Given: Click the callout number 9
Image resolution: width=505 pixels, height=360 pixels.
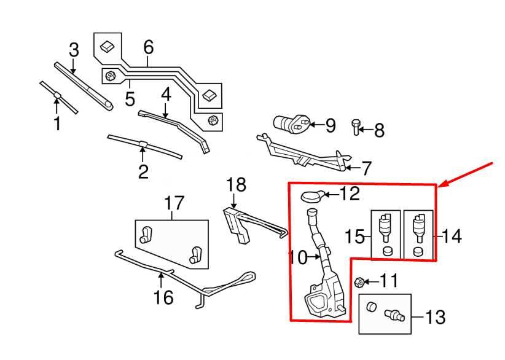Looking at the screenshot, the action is click(x=330, y=125).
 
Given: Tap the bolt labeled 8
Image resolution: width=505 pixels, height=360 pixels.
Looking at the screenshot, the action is click(x=356, y=128).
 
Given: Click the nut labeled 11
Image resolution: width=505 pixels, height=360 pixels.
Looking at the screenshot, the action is click(x=359, y=283).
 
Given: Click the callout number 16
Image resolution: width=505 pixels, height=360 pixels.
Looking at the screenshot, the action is click(x=163, y=297).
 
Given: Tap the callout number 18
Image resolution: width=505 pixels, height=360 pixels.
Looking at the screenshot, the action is click(x=236, y=185).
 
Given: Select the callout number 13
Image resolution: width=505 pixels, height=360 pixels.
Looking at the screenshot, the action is click(x=436, y=317).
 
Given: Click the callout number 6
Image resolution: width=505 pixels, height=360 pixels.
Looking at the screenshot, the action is click(x=149, y=47).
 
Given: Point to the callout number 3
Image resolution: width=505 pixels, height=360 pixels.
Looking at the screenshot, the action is click(x=74, y=50).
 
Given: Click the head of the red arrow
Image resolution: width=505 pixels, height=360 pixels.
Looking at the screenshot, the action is click(x=442, y=184).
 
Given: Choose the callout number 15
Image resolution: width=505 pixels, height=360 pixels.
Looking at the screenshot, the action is click(x=354, y=236).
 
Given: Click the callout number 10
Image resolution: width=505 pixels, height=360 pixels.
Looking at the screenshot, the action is click(x=298, y=257).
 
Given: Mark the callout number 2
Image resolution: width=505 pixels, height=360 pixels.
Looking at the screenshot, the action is click(x=143, y=172).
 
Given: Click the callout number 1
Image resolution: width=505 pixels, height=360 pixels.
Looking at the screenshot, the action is click(x=57, y=123).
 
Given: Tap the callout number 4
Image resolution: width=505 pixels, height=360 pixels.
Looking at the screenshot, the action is click(x=166, y=95).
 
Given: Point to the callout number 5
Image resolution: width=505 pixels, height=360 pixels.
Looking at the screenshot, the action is click(x=130, y=99).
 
